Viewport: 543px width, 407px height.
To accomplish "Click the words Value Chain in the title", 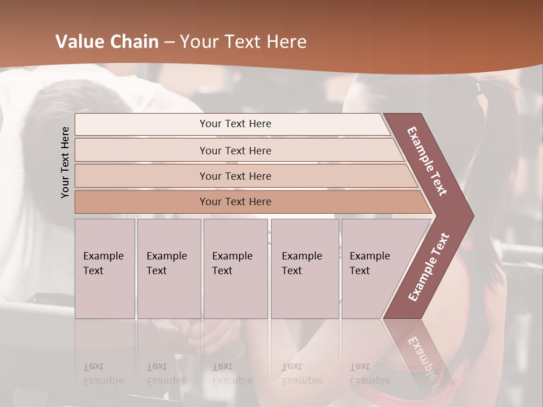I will [x=107, y=42].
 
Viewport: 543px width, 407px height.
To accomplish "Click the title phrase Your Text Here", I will [x=243, y=42].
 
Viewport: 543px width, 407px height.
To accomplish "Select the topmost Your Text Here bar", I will [x=235, y=124].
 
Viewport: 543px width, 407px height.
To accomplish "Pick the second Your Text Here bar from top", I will [x=235, y=150].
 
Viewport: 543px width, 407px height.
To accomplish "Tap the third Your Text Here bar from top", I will [x=235, y=176].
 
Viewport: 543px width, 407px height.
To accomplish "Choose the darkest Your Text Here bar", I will [x=235, y=202].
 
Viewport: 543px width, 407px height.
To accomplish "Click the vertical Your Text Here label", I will [x=65, y=162].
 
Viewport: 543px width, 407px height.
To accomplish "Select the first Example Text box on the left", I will [x=105, y=269].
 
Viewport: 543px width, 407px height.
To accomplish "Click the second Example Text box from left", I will [x=169, y=269].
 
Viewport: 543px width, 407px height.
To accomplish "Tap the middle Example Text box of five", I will [x=235, y=269].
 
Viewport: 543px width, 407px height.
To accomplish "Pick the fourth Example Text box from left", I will [x=304, y=269].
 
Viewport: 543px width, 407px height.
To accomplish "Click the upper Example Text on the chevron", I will [x=428, y=161].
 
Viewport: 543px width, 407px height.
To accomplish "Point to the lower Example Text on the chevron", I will [x=429, y=267].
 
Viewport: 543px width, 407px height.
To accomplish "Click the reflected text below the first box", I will [x=104, y=373].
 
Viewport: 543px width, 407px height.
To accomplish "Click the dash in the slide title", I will [x=169, y=42].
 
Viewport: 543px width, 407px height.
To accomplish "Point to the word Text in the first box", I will [x=93, y=271].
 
